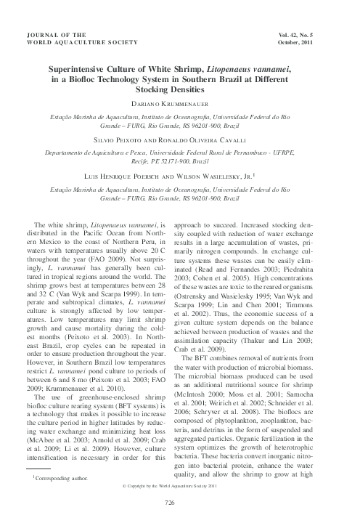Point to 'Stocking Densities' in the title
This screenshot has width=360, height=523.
pyautogui.click(x=180, y=91)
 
